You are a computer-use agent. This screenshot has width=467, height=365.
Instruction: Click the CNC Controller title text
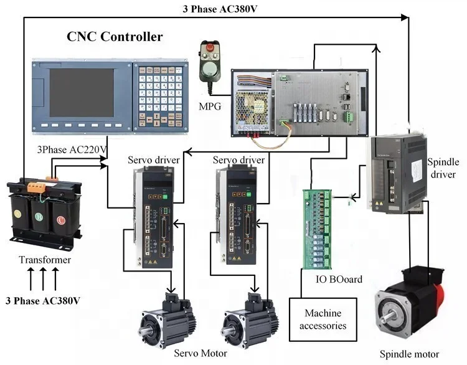click(115, 37)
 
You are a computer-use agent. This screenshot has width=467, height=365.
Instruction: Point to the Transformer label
click(45, 260)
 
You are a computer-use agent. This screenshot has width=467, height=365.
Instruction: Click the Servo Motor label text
click(201, 353)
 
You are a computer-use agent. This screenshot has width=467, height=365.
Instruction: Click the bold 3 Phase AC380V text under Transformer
click(43, 301)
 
